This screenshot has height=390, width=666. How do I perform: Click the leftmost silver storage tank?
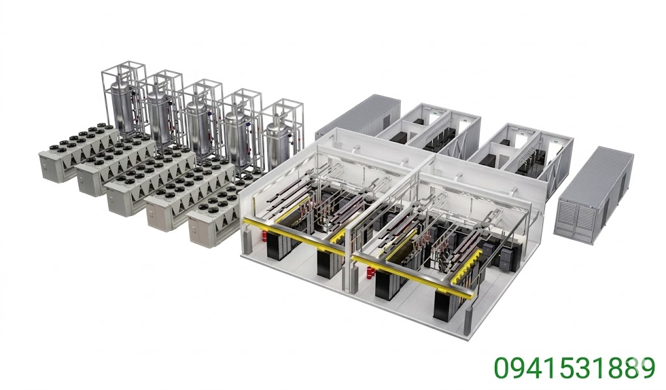pyautogui.click(x=122, y=104)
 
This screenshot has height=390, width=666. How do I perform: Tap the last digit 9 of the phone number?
pyautogui.click(x=645, y=368)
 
